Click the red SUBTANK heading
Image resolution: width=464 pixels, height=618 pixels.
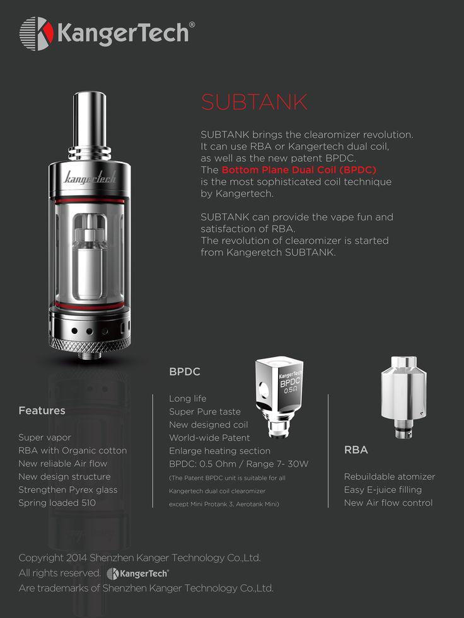(x=254, y=101)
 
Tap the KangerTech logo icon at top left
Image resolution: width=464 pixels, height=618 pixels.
(x=37, y=33)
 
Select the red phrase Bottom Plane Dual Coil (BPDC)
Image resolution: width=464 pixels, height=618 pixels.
(x=299, y=170)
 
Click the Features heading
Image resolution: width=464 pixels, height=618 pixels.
(x=42, y=411)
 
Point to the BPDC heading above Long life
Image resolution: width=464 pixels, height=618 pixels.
(x=185, y=372)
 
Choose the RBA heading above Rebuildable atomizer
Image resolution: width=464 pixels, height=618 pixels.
(x=356, y=450)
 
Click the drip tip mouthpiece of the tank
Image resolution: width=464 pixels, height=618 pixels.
(x=90, y=120)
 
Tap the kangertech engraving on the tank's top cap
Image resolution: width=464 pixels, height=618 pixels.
(x=90, y=177)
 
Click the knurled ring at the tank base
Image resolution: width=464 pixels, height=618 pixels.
(x=90, y=344)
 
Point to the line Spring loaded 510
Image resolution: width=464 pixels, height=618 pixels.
(x=57, y=503)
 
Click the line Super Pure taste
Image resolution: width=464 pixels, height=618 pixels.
(x=205, y=412)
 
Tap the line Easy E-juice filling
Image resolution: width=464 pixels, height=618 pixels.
(x=383, y=489)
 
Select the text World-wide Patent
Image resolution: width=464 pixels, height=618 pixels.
(x=209, y=438)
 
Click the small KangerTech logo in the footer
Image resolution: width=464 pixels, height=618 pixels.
(x=137, y=573)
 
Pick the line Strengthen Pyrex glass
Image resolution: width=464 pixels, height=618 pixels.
(x=68, y=489)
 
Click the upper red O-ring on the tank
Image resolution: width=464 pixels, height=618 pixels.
(x=90, y=200)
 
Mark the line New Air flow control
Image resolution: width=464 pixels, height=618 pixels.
(x=388, y=503)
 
